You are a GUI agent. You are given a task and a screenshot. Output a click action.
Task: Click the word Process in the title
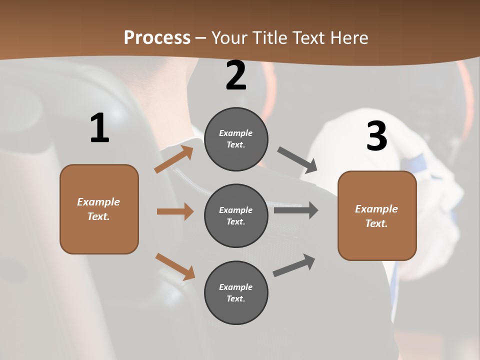click(x=157, y=37)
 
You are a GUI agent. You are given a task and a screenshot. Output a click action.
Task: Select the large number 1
click(x=99, y=128)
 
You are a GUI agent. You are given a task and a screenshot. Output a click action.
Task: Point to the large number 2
click(x=236, y=75)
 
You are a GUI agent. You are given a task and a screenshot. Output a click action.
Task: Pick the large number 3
click(x=376, y=136)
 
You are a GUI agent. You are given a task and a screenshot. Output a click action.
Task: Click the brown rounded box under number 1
click(x=99, y=209)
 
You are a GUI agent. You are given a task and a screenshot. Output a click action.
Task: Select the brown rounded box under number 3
click(x=377, y=215)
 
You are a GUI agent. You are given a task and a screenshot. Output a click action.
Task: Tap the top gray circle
click(x=236, y=139)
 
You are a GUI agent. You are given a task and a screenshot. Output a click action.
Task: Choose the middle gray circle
click(x=236, y=215)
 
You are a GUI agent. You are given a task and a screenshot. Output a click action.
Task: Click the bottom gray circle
click(x=236, y=292)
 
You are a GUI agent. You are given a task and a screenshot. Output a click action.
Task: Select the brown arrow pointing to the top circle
click(x=174, y=159)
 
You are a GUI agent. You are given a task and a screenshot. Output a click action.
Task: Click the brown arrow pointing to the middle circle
click(x=175, y=211)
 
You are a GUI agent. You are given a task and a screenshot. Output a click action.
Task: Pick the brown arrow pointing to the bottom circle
click(x=175, y=266)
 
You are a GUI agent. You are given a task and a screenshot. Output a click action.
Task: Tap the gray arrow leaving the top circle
click(x=297, y=160)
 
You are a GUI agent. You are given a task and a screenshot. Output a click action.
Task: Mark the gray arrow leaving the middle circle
click(x=296, y=210)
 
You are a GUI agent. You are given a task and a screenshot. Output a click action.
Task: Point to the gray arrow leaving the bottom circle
click(x=294, y=265)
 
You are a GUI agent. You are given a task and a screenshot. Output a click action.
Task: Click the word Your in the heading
click(x=230, y=37)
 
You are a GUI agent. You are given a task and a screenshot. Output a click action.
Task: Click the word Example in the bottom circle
click(x=236, y=287)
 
